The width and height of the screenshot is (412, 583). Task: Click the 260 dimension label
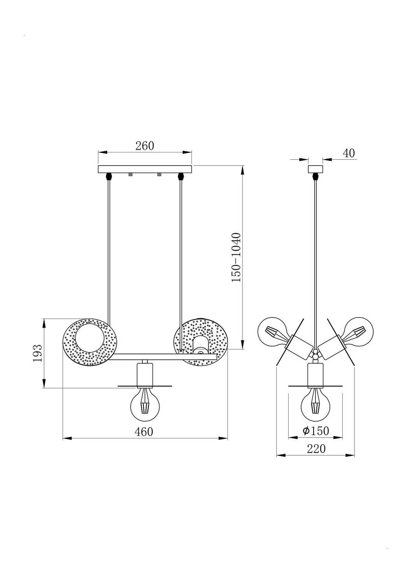(x=145, y=146)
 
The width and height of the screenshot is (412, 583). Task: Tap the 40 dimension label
(x=349, y=153)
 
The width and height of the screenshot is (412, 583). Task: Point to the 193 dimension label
(x=37, y=353)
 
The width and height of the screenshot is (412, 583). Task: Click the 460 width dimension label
(x=144, y=432)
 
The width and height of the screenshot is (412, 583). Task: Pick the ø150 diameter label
(x=316, y=431)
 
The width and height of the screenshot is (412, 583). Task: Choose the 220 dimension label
(x=316, y=449)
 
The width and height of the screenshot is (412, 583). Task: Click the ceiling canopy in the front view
(x=145, y=169)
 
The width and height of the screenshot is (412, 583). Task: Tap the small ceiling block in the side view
(x=316, y=169)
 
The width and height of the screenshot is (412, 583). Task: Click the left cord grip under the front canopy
(x=109, y=176)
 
